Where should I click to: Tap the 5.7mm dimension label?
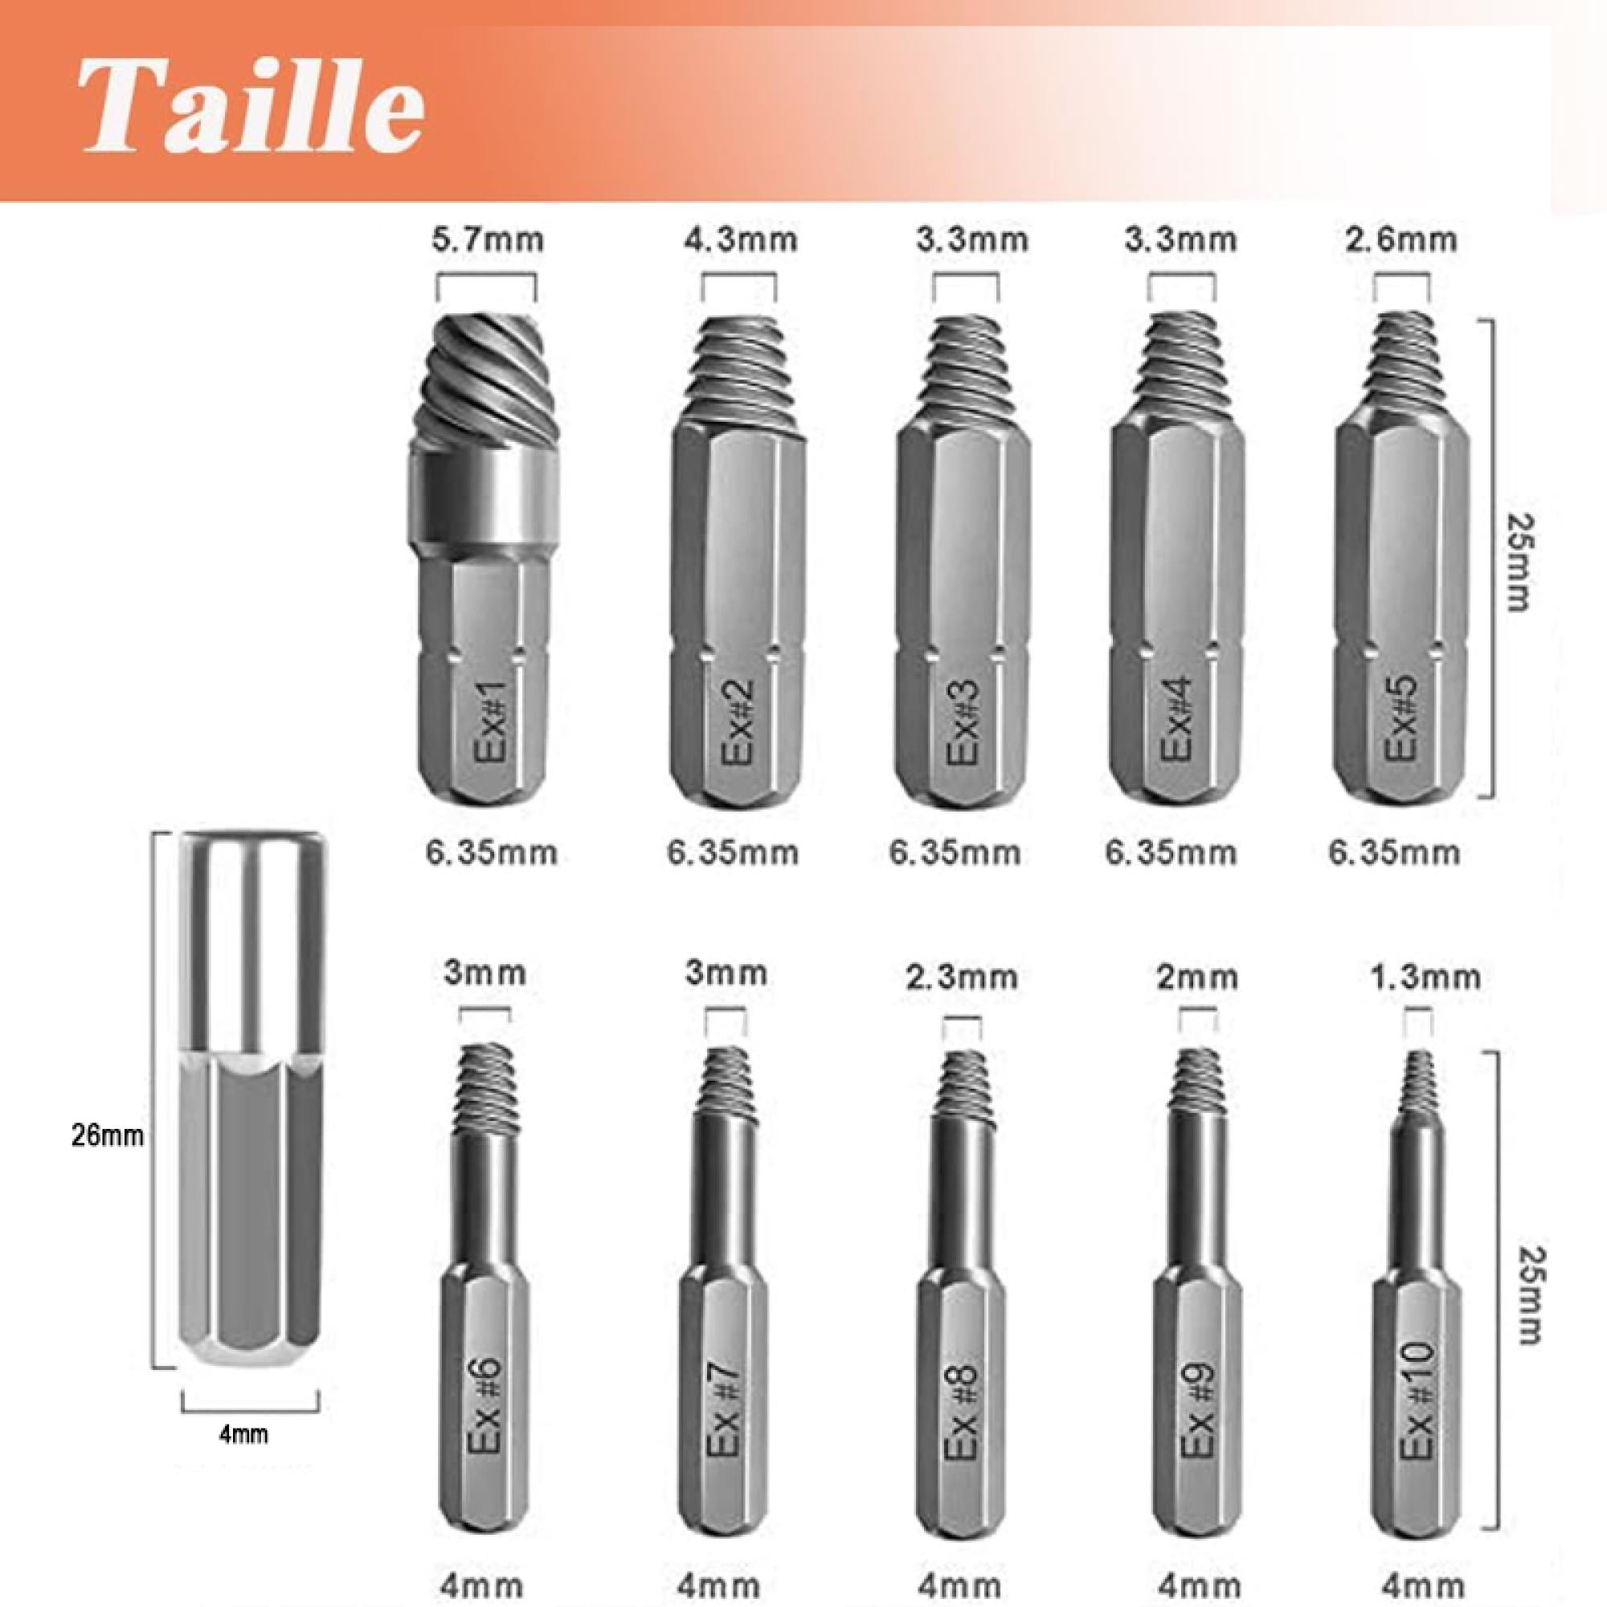point(488,239)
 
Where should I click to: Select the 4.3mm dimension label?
point(740,239)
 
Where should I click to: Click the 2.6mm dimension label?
point(1401,239)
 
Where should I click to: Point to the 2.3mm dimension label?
point(962,975)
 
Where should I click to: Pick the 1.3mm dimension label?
point(1425,975)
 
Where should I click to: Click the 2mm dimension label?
point(1197,975)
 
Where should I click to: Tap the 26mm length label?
point(108,1135)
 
